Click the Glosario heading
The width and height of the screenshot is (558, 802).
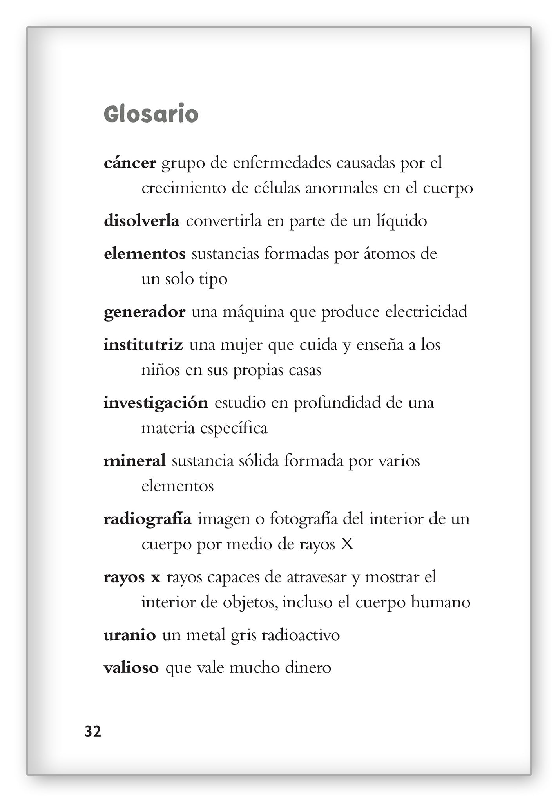tap(151, 115)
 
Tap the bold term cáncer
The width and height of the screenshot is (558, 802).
tap(130, 163)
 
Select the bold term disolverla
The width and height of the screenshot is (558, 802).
tap(141, 221)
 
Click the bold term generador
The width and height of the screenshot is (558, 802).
tap(144, 312)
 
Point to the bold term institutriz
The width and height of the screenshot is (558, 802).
tap(143, 345)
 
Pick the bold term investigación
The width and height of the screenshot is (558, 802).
tap(156, 403)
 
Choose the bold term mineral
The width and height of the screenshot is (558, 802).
tap(134, 461)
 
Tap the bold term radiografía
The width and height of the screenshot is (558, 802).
tap(147, 519)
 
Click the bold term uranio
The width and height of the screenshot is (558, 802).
tap(130, 635)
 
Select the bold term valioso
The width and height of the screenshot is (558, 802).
tap(131, 668)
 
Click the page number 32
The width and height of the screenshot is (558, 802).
tap(93, 731)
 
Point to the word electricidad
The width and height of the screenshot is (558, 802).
tap(426, 312)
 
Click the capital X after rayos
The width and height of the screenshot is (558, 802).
tap(347, 544)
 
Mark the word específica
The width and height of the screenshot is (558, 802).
tap(234, 428)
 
